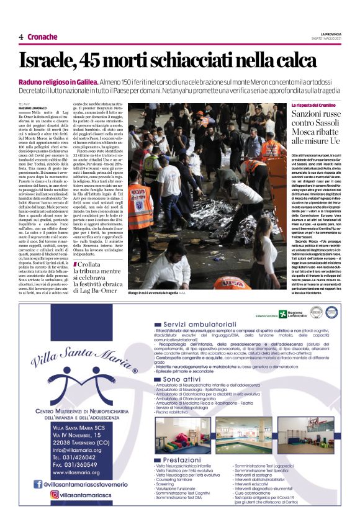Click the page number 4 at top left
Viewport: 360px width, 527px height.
click(x=21, y=37)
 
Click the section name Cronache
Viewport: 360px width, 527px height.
click(x=42, y=37)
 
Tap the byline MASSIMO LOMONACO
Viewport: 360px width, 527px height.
click(x=33, y=109)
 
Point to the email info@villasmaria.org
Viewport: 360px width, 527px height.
click(x=80, y=450)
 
